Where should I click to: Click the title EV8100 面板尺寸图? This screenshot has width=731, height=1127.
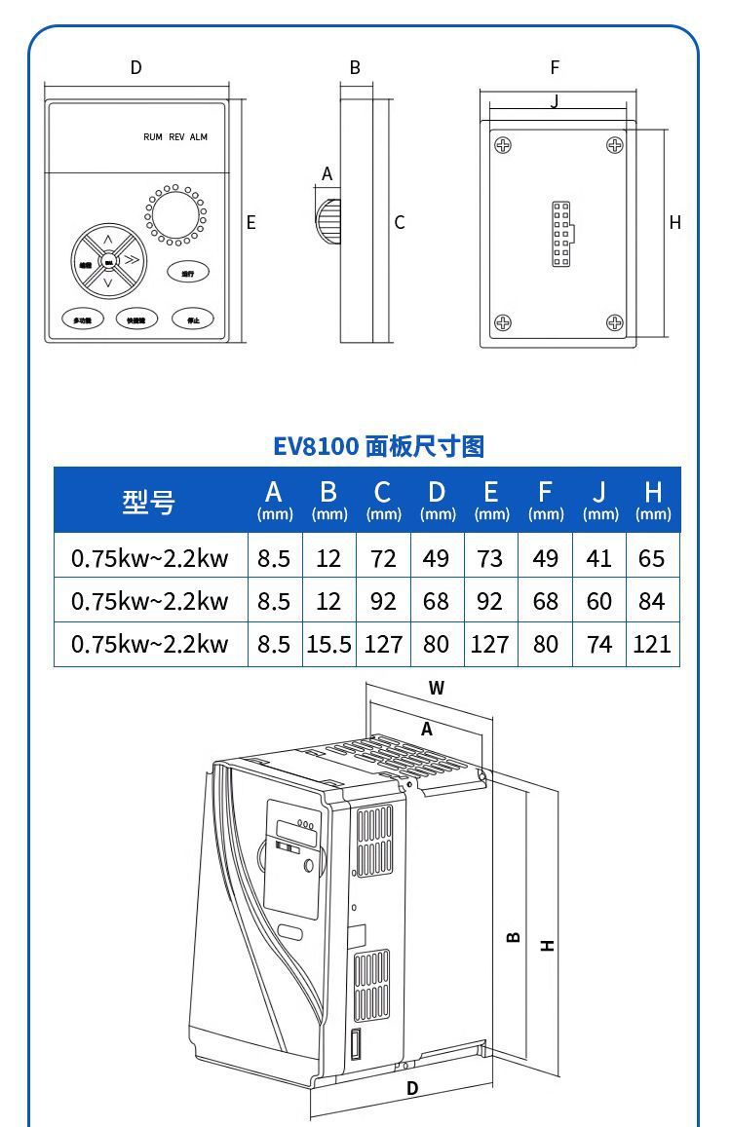[x=378, y=446]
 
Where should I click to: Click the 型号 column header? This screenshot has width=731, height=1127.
[x=149, y=502]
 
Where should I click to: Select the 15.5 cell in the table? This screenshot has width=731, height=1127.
[x=328, y=644]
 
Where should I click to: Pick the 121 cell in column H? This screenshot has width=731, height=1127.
[x=652, y=644]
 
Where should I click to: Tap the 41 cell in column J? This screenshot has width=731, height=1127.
[x=599, y=558]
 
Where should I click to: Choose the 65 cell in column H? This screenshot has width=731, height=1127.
[x=652, y=558]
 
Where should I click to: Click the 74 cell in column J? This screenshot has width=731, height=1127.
[x=599, y=644]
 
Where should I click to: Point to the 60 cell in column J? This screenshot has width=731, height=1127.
[x=599, y=601]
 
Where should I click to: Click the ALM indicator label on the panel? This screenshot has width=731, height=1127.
[x=199, y=137]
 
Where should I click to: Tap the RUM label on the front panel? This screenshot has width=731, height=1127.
[x=153, y=137]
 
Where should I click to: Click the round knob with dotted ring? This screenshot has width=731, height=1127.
[x=175, y=215]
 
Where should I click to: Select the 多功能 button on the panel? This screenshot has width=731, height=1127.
[x=82, y=319]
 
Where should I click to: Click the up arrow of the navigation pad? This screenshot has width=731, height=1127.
[x=108, y=240]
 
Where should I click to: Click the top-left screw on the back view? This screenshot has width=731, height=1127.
[x=503, y=145]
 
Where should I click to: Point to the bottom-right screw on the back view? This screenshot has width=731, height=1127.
[x=615, y=322]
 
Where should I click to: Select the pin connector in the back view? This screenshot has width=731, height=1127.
[x=561, y=234]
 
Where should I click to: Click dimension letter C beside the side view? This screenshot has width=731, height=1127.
[x=400, y=222]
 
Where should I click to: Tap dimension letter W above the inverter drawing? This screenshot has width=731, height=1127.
[x=437, y=688]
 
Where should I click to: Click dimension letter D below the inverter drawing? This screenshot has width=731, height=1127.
[x=412, y=1088]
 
